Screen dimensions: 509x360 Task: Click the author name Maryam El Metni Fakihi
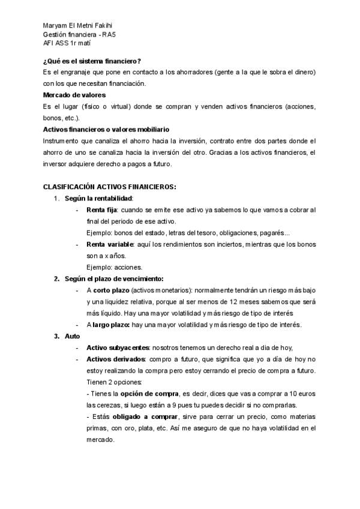(x=78, y=25)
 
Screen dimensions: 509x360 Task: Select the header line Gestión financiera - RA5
(x=80, y=34)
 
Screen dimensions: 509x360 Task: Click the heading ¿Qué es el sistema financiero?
(x=92, y=61)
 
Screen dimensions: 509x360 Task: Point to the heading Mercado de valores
(x=74, y=95)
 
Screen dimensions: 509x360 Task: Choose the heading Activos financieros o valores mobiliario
(x=106, y=129)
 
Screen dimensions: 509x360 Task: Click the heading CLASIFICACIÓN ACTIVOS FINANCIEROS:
(x=110, y=187)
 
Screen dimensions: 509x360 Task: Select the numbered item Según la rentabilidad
(x=99, y=198)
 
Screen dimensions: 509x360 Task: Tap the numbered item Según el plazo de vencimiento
(x=114, y=279)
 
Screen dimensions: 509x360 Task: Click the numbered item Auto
(x=72, y=336)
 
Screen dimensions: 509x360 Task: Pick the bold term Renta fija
(x=101, y=210)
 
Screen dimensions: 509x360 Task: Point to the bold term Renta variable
(x=109, y=244)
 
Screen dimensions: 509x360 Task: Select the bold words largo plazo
(x=111, y=325)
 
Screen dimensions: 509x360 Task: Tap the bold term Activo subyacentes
(x=118, y=348)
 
